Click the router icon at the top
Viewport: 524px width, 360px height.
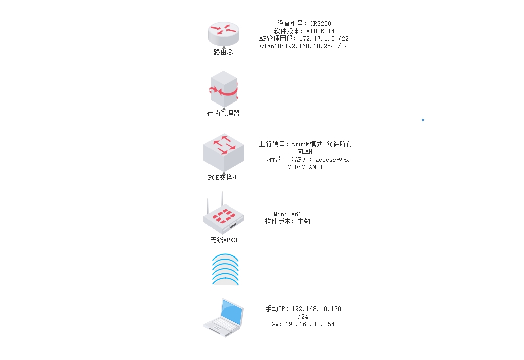(223, 34)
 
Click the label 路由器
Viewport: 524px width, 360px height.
(223, 52)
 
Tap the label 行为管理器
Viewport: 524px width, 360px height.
(224, 113)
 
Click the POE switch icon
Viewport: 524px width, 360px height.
(224, 152)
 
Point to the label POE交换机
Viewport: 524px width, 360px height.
(223, 178)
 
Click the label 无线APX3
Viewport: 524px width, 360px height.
(224, 240)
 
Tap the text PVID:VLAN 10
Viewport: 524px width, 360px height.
(305, 167)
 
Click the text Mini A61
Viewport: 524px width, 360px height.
(288, 214)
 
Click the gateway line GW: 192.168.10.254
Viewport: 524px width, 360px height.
(303, 324)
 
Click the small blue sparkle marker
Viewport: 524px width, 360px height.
(423, 120)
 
